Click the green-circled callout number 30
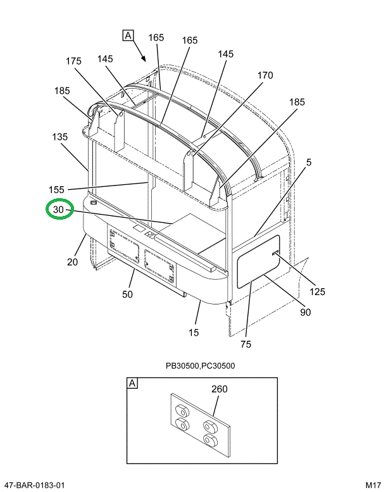58,209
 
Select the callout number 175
73,61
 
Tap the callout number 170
265,75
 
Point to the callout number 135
59,136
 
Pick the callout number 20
72,262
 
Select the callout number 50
127,294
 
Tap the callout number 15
194,332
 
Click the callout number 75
246,344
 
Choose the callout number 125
317,292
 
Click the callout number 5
309,162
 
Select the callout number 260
219,389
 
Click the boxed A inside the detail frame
133,384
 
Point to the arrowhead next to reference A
144,59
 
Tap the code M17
371,485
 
